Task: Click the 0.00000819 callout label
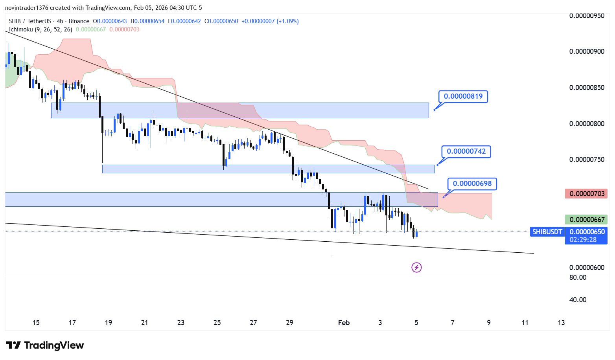[x=463, y=96]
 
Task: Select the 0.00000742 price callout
[x=466, y=151]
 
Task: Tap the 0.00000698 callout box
[x=472, y=184]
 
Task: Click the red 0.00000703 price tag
[x=586, y=193]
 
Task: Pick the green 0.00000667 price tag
[x=586, y=220]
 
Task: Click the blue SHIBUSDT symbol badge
[x=547, y=232]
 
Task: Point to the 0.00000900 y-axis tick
[x=587, y=51]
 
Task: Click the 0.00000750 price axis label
[x=587, y=160]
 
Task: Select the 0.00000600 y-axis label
[x=587, y=268]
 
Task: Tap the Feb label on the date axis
[x=344, y=323]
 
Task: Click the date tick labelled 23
[x=181, y=323]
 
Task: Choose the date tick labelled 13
[x=561, y=323]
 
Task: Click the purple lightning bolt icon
[x=416, y=268]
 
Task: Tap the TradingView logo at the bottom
[x=45, y=345]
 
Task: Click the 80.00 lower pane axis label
[x=578, y=277]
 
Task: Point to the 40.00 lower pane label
[x=578, y=300]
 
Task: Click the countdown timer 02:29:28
[x=583, y=240]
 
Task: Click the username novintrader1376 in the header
[x=26, y=8]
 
